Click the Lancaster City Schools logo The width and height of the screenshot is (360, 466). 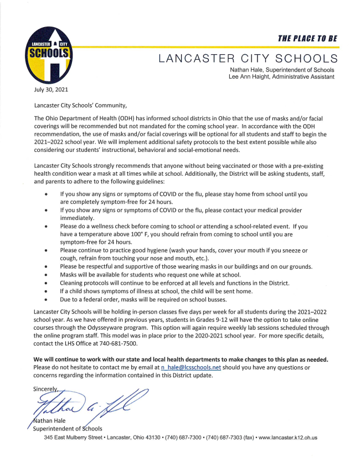pos(50,54)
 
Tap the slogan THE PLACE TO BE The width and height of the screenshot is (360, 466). pos(307,38)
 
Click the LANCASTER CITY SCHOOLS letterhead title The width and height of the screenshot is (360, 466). pos(248,58)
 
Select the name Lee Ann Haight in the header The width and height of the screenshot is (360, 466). pos(251,76)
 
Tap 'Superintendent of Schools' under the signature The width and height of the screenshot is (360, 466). pos(68,429)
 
